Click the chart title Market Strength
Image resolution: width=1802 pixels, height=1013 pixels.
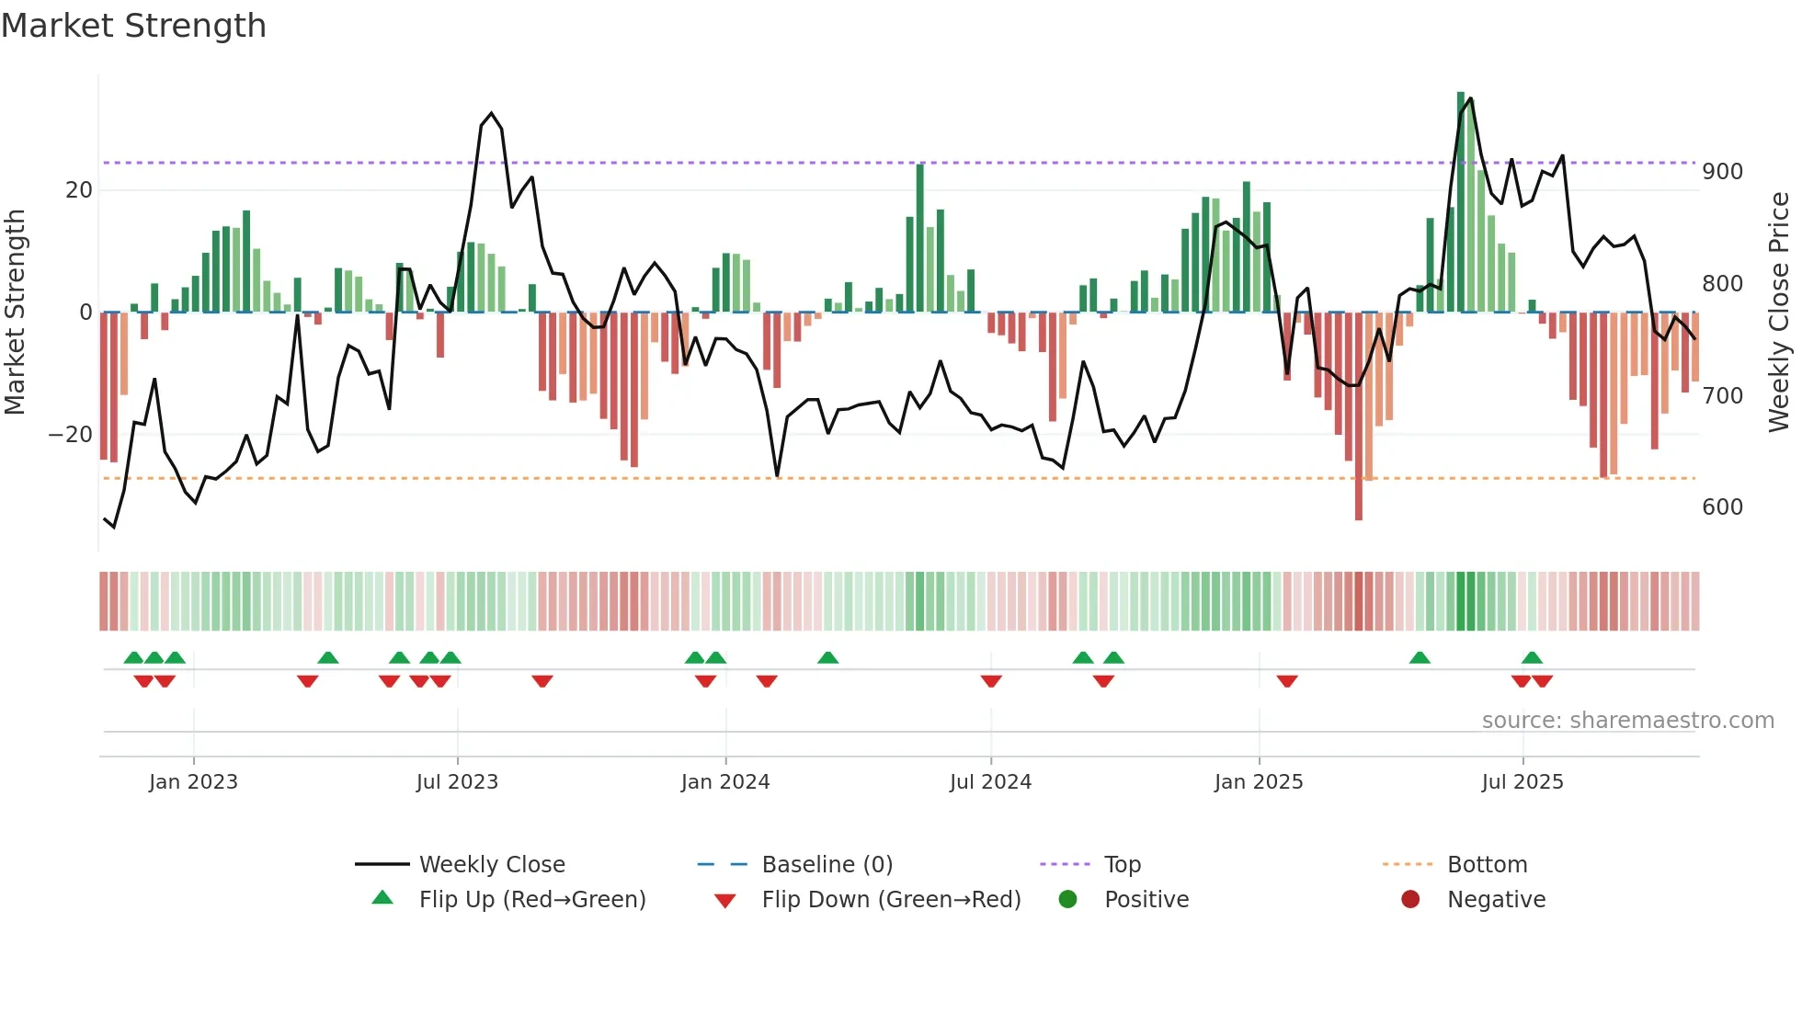[133, 26]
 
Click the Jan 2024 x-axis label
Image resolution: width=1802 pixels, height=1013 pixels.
[725, 782]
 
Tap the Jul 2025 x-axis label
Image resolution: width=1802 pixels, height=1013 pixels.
[1522, 782]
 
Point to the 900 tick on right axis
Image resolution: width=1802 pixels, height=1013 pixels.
[1722, 172]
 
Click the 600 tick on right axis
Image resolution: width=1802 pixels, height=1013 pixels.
[1722, 507]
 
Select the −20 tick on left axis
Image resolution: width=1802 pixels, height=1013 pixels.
[71, 434]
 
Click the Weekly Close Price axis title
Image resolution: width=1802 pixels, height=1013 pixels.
[1780, 313]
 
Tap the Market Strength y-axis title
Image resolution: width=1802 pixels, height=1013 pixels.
[16, 313]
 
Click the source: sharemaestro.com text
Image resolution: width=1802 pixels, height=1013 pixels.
[1627, 721]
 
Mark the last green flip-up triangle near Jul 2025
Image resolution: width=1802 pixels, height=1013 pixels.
[1532, 657]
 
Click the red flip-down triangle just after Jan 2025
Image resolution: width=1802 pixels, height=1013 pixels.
[1287, 681]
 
